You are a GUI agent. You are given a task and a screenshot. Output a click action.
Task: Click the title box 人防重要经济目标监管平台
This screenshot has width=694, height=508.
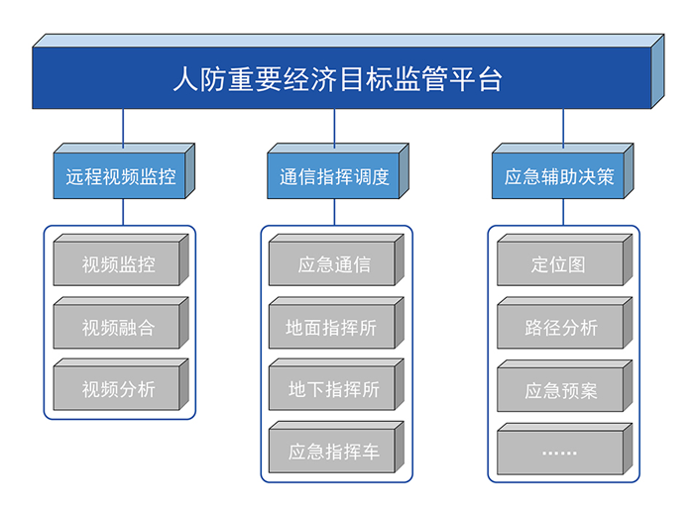348,71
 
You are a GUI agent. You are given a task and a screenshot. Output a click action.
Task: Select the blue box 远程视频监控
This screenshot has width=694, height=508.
124,170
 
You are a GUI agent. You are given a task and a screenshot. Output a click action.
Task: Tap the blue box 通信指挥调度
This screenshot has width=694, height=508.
338,170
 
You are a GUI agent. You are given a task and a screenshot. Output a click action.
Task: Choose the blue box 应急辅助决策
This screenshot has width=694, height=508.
562,170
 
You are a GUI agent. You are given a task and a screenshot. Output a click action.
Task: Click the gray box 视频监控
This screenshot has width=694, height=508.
121,260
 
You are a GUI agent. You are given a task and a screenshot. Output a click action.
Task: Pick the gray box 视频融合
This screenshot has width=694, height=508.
121,323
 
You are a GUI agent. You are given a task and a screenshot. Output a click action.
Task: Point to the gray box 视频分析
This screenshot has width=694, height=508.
121,384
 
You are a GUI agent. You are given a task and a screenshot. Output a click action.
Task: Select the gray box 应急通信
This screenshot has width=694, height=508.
336,260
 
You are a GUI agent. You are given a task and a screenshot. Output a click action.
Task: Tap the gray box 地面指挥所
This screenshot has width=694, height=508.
336,323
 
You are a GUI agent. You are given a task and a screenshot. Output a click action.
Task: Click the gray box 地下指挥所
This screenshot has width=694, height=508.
336,384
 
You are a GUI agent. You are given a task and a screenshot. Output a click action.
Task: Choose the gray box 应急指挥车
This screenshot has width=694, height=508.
336,447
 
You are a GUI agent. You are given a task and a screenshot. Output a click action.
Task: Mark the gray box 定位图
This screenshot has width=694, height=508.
565,260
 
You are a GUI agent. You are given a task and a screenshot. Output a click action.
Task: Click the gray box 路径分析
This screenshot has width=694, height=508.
565,323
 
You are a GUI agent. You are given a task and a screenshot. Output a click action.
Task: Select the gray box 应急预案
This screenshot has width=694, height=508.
565,386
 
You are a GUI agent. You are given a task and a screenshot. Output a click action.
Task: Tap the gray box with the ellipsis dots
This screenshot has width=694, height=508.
565,449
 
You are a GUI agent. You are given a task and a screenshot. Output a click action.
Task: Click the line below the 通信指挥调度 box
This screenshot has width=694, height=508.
334,212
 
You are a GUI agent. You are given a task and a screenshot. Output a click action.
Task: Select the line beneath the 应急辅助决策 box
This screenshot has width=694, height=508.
563,212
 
